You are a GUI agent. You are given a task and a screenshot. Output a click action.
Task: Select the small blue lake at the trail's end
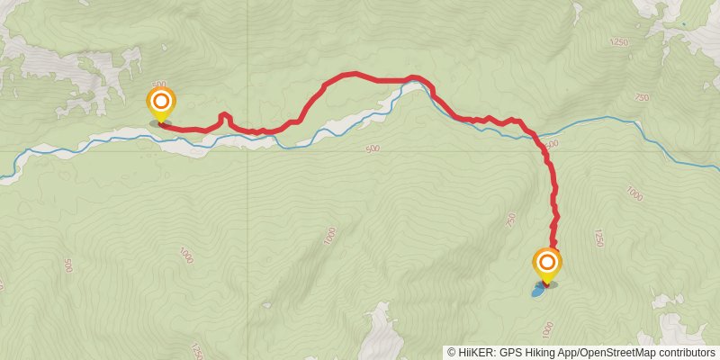[x=538, y=291]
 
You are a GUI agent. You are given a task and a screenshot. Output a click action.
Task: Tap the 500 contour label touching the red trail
[x=551, y=144]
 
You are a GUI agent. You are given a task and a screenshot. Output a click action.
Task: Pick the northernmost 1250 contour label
[x=618, y=42]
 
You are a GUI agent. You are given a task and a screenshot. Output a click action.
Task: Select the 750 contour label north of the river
[x=641, y=97]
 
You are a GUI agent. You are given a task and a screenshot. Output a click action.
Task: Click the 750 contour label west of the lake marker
[x=511, y=219]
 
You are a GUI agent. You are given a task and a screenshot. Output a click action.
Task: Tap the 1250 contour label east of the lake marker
[x=598, y=238]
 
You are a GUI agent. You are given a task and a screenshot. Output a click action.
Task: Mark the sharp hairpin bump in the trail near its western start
[x=224, y=116]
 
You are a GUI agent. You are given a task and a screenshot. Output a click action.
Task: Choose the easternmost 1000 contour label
[x=634, y=193]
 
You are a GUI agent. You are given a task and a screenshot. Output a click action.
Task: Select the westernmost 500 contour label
[x=69, y=265]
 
